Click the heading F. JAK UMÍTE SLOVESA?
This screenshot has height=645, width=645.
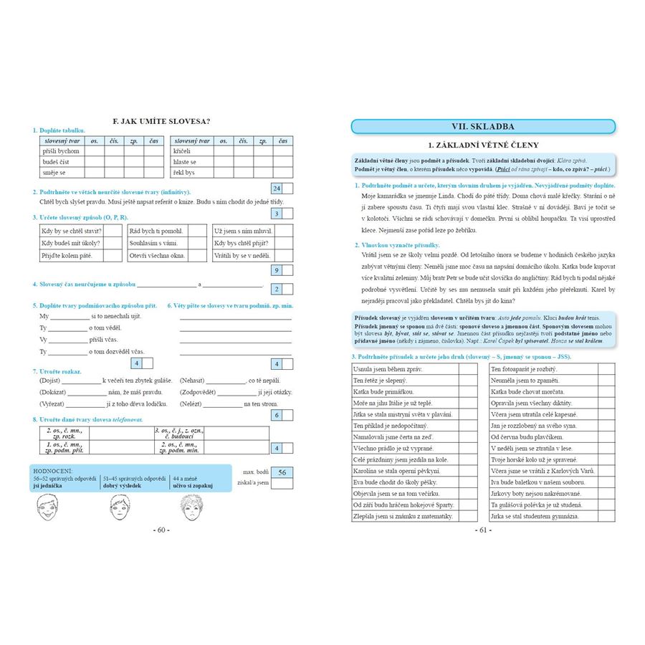(162, 121)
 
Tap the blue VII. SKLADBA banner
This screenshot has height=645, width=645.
(482, 127)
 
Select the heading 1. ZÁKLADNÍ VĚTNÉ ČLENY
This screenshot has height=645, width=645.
(482, 144)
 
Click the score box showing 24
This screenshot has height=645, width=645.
(277, 188)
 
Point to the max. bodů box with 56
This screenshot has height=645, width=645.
(282, 472)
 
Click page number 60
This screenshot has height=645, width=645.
(161, 530)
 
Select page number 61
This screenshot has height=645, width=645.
(482, 530)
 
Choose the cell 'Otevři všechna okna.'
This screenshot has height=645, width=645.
(157, 256)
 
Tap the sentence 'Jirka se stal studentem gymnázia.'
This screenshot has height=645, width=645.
(535, 516)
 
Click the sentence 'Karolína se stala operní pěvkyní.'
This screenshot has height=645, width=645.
(396, 471)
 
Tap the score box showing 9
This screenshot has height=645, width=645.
(277, 270)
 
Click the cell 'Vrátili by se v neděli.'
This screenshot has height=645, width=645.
(242, 256)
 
